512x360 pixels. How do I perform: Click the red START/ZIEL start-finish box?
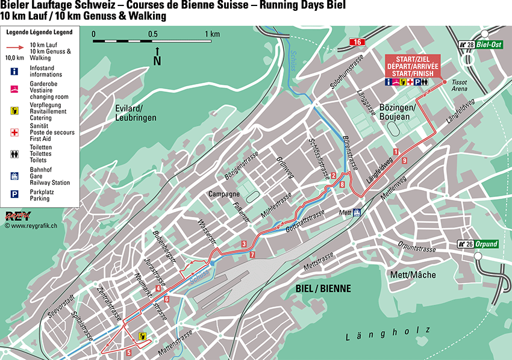coord(413,65)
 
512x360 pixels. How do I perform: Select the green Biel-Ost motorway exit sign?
coord(479,45)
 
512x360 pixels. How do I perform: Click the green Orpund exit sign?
coord(479,244)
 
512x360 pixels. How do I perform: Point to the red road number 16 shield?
coord(358,42)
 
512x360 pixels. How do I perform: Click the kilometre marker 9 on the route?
coord(404,160)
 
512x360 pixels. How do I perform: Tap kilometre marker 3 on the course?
coord(243,244)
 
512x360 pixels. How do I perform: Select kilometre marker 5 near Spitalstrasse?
coord(129,352)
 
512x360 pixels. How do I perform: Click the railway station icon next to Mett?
coord(357,212)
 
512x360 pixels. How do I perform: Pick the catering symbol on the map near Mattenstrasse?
coord(143,337)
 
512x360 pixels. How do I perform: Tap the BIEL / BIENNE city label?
coord(323,288)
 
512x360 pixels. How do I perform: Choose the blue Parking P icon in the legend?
coord(14,194)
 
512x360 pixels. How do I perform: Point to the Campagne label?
coord(224,194)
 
